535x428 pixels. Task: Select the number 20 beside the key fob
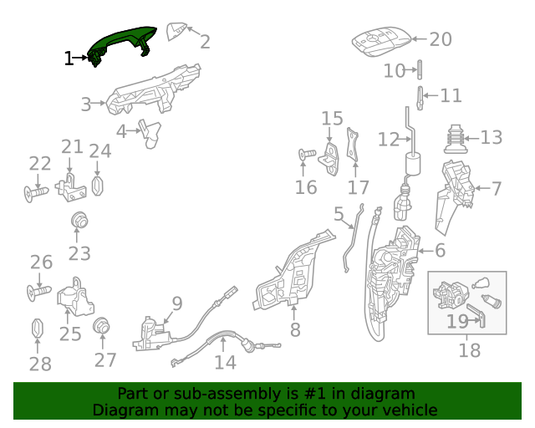click(441, 39)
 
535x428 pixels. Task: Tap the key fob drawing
click(381, 41)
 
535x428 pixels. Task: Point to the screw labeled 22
click(36, 194)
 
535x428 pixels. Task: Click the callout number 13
click(492, 137)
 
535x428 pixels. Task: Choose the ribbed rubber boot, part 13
click(456, 140)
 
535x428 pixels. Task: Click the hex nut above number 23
click(79, 220)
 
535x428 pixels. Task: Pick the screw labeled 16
click(307, 155)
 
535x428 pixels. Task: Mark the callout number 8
click(295, 329)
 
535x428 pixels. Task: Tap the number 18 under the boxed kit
click(470, 350)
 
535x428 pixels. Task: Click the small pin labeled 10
click(420, 69)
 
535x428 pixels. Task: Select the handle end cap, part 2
click(176, 31)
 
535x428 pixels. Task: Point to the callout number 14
click(225, 362)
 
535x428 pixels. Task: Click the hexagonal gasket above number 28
click(37, 328)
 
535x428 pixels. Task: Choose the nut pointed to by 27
click(102, 326)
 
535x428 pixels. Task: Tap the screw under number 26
click(39, 293)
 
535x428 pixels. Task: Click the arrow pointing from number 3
click(99, 103)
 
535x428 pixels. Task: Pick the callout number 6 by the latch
click(441, 250)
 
